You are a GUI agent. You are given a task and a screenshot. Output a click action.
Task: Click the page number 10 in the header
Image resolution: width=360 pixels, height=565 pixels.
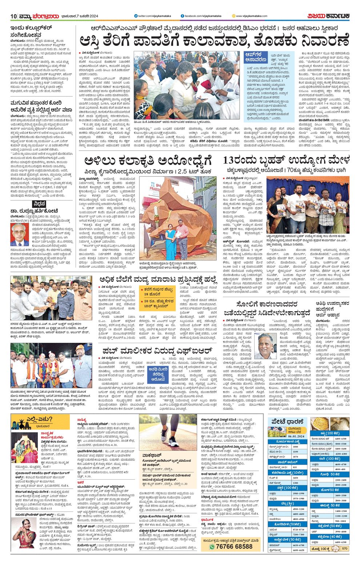14,16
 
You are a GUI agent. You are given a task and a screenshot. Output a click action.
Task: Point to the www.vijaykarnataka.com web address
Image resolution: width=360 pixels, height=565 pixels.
251,16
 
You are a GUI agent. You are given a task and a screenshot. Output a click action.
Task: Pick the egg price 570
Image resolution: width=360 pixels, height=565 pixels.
345,548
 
